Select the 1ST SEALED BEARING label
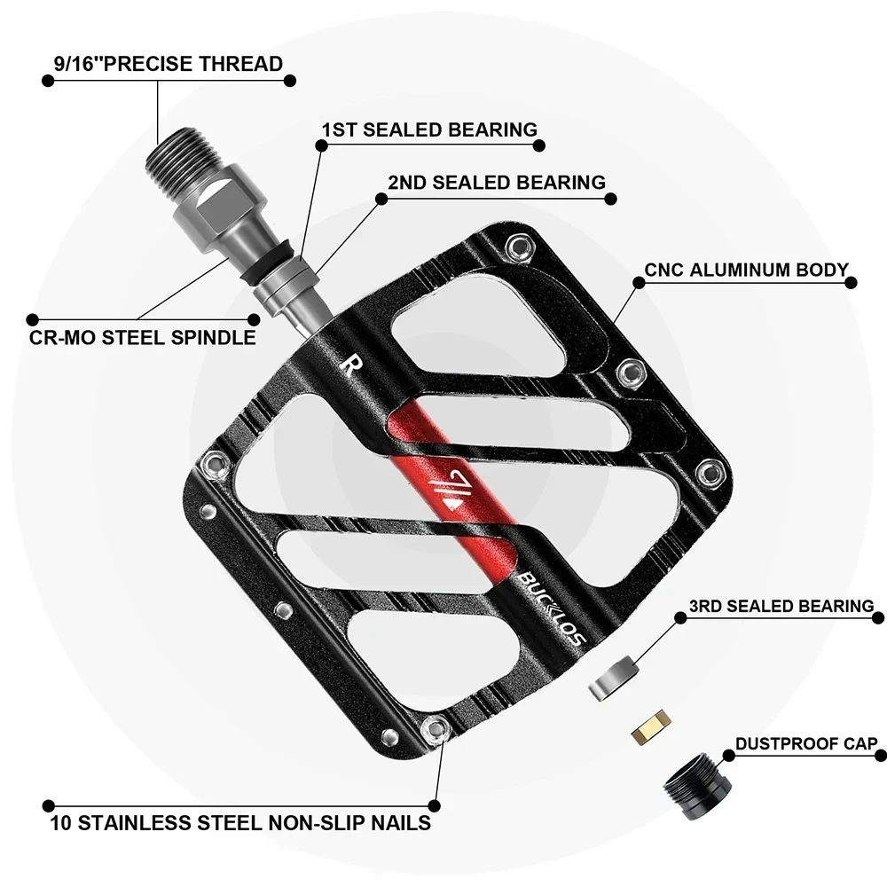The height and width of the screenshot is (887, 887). tap(429, 130)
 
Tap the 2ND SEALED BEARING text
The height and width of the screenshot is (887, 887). tap(496, 183)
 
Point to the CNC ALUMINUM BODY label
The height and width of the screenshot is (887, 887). tap(746, 270)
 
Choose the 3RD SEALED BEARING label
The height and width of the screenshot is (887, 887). tap(781, 607)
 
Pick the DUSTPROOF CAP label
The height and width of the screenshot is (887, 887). tap(805, 743)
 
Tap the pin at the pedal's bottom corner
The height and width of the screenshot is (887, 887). tap(435, 729)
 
